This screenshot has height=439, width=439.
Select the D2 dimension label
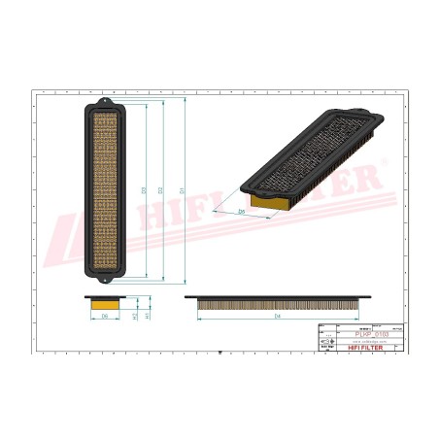tap(163, 187)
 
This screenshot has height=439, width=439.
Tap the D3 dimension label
tap(144, 187)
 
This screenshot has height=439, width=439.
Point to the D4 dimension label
tap(278, 317)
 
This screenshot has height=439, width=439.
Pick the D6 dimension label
tap(105, 317)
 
